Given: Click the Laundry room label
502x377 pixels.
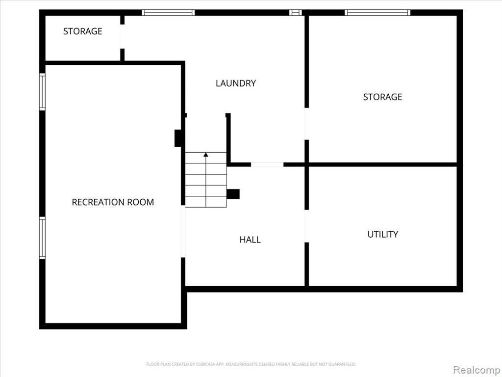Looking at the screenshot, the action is click(x=236, y=83).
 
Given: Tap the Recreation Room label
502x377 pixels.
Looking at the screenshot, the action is click(x=113, y=202).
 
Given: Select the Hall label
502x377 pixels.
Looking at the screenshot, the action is click(x=250, y=240).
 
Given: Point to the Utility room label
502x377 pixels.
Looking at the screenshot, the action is click(x=382, y=234).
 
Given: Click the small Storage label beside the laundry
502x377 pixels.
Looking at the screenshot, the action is click(x=82, y=31).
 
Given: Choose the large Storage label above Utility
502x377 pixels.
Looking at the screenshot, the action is click(x=382, y=97).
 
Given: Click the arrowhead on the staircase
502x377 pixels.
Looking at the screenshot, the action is click(x=206, y=155).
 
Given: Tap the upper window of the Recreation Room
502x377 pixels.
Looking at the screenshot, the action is click(x=42, y=92).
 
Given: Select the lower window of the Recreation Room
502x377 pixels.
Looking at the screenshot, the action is click(x=42, y=238).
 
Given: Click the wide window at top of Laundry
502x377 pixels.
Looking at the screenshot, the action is click(x=169, y=12).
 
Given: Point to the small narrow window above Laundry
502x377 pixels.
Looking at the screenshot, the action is click(x=296, y=12).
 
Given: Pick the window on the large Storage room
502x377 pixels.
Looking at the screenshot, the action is click(x=377, y=12).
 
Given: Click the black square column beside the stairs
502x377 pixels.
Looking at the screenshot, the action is click(x=233, y=194).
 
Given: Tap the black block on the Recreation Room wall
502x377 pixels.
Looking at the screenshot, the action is click(x=178, y=138).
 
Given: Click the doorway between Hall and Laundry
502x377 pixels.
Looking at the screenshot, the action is click(x=267, y=164).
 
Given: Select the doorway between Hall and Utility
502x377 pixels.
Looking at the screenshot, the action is click(x=307, y=226).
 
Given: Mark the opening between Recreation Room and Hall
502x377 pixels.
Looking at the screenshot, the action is click(x=183, y=231).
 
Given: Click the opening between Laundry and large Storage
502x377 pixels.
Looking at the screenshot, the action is click(x=307, y=124).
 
